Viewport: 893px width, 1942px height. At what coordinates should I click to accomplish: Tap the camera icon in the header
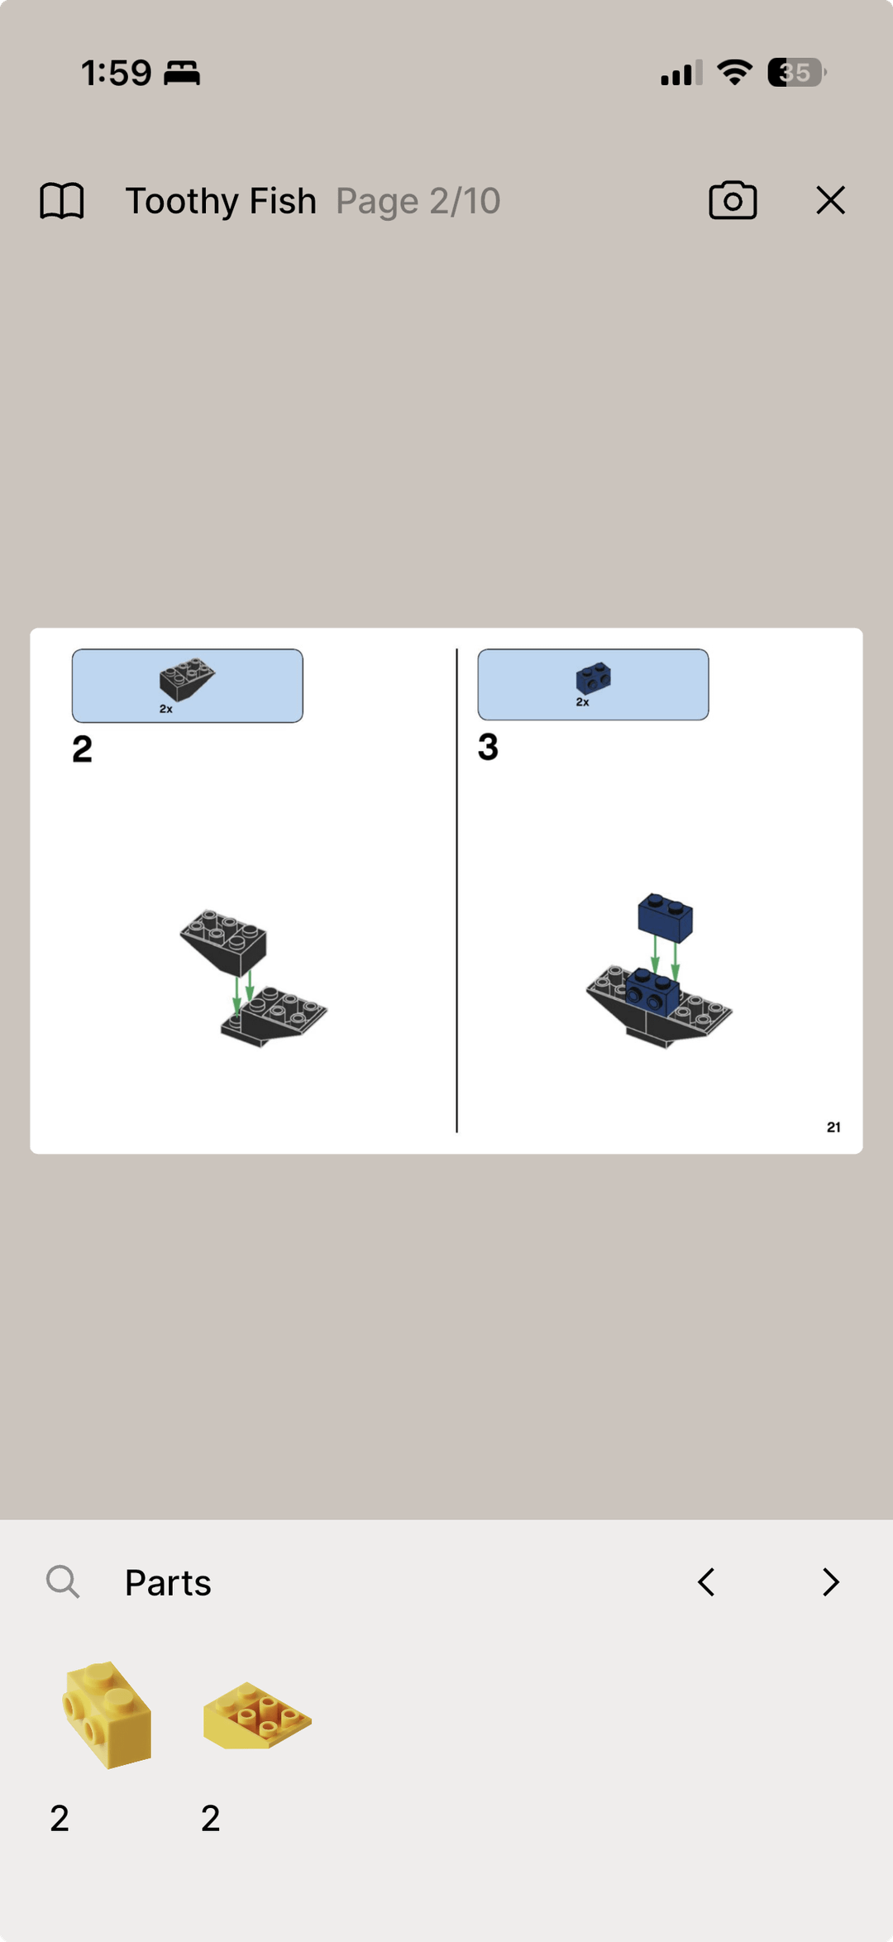[x=733, y=200]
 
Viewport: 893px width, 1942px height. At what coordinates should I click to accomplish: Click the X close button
[x=830, y=200]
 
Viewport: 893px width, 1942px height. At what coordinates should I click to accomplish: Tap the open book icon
[x=62, y=201]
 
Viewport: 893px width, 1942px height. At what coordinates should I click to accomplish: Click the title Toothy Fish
[x=221, y=201]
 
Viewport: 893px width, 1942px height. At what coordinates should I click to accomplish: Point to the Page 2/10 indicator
[x=418, y=201]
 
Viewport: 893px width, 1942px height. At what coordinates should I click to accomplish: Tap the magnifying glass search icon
[x=63, y=1581]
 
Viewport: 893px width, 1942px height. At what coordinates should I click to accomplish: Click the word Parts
[x=168, y=1582]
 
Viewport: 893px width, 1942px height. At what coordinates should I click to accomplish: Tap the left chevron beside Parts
[x=706, y=1582]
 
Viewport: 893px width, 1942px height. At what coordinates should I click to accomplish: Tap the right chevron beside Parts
[x=831, y=1582]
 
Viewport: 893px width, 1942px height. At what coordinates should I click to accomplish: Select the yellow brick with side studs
[x=107, y=1714]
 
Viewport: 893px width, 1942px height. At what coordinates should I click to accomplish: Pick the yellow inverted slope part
[x=257, y=1715]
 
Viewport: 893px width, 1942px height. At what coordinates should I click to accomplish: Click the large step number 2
[x=82, y=749]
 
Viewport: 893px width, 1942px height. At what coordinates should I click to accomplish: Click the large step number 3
[x=488, y=747]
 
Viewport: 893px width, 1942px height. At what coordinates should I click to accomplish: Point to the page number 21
[x=833, y=1127]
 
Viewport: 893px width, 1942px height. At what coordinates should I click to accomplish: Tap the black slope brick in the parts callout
[x=187, y=679]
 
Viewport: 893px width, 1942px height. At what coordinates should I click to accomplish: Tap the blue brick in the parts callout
[x=594, y=678]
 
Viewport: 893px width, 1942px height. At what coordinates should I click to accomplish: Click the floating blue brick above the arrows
[x=666, y=917]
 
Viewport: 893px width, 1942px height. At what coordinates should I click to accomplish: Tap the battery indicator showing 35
[x=796, y=73]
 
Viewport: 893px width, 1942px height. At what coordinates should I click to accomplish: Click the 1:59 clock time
[x=117, y=73]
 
